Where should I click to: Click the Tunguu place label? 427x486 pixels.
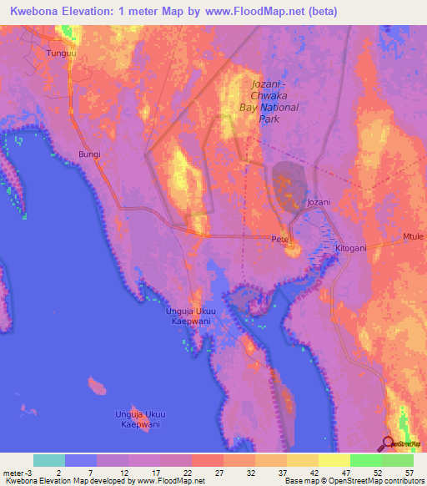(61, 53)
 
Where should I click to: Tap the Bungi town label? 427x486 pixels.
(88, 154)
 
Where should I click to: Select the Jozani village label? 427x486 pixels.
(319, 202)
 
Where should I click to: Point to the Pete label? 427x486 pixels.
(279, 239)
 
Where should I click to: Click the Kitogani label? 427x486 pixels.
(351, 249)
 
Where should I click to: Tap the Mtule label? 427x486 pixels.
(414, 237)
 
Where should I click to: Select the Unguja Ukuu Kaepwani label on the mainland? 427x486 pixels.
(191, 314)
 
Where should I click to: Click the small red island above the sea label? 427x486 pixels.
(98, 387)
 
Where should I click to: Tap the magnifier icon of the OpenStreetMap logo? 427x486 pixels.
(388, 443)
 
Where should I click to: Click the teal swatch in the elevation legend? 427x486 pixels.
(48, 460)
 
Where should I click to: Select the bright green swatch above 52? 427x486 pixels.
(366, 460)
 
